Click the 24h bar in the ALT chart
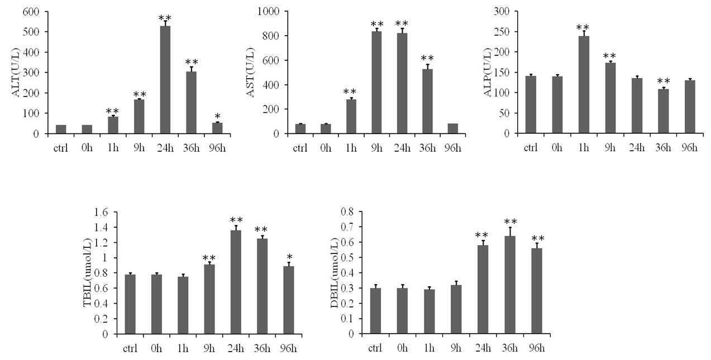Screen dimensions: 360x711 click(165, 80)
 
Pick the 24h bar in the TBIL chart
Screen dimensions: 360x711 click(236, 282)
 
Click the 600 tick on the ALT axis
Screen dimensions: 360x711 click(31, 12)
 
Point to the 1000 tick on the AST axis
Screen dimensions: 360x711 click(270, 12)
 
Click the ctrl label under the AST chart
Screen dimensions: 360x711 click(300, 149)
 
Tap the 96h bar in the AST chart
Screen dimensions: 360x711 click(452, 128)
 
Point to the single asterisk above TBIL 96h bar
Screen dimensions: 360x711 click(289, 257)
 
